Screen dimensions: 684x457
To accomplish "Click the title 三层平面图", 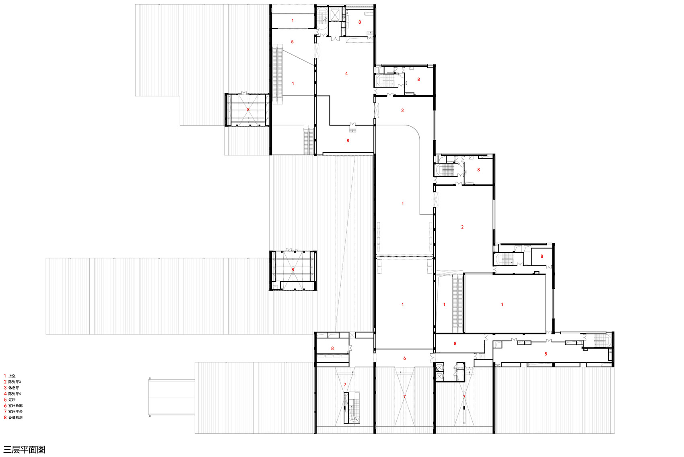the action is point(25,449).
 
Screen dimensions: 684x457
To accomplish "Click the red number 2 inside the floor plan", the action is point(462,227).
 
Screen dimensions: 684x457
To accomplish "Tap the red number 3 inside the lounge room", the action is point(402,111).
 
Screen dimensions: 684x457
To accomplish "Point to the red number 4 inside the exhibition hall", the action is point(346,74).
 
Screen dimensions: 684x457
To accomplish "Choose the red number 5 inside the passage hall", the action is point(292,42).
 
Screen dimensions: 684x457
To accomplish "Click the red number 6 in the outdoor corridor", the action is point(405,359).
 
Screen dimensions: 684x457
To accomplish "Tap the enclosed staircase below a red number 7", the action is point(352,408).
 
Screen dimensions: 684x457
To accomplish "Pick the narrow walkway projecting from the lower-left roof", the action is point(172,397).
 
